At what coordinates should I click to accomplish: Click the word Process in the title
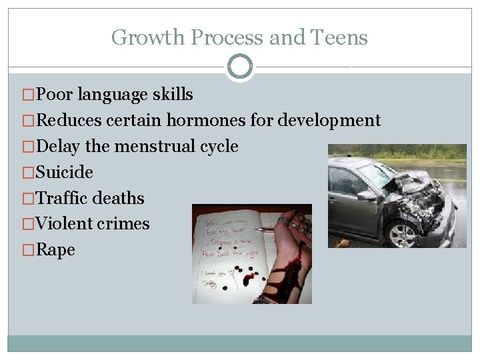226,38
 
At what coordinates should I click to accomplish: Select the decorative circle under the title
240,67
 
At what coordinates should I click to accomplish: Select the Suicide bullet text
65,172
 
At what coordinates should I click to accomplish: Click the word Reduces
69,121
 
